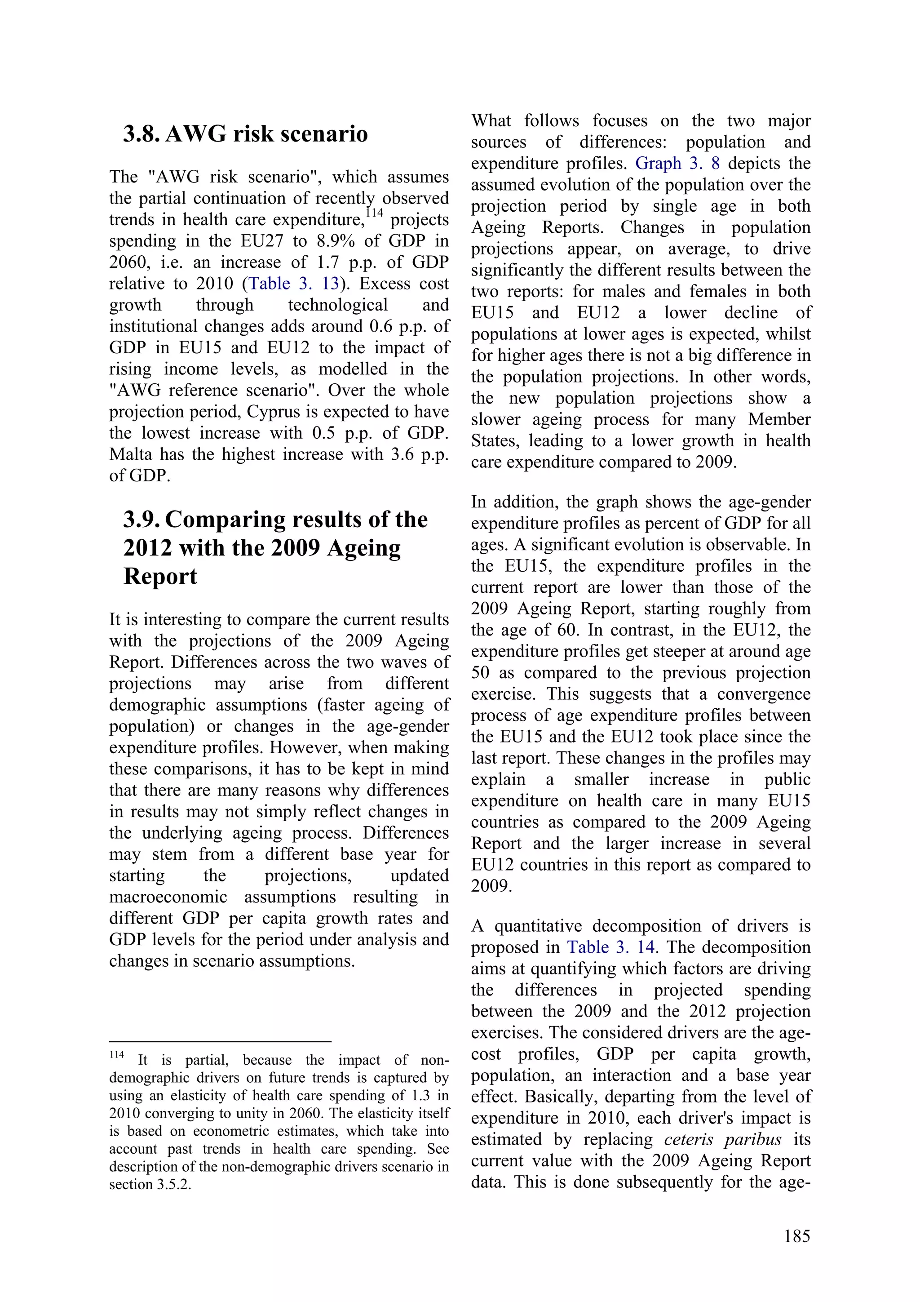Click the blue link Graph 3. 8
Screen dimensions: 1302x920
click(x=677, y=163)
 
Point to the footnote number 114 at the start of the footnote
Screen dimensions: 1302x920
click(x=117, y=1055)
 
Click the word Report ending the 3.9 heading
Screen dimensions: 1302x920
click(x=160, y=576)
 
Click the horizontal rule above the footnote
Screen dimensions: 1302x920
click(x=220, y=1042)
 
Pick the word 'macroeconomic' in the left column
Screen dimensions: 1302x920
click(x=168, y=897)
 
